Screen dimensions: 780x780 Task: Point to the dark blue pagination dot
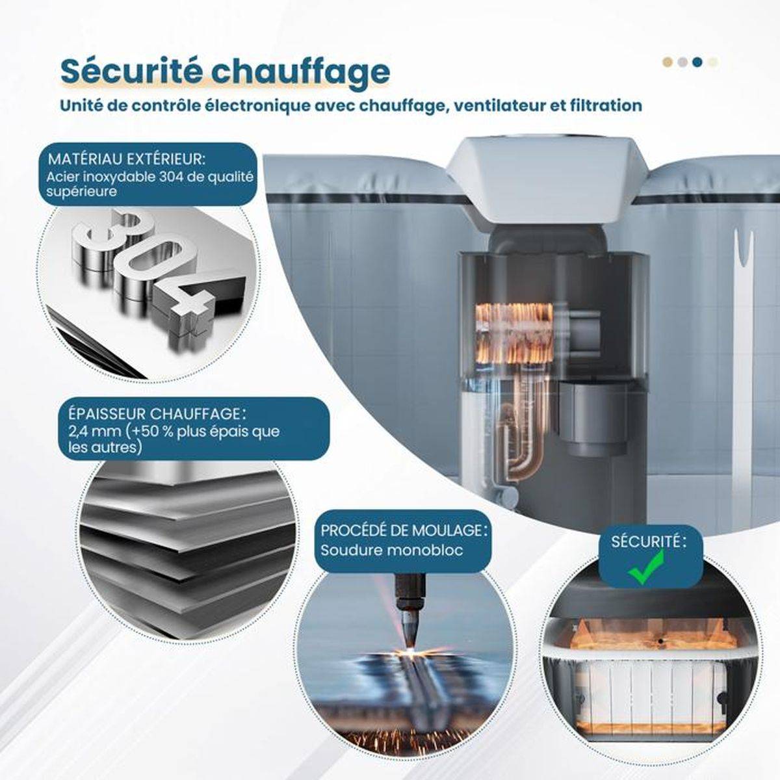696,62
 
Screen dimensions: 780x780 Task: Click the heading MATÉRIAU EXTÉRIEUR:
127,159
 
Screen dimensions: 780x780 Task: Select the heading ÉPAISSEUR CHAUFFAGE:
157,413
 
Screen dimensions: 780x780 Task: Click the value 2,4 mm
94,432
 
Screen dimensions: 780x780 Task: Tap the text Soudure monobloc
392,550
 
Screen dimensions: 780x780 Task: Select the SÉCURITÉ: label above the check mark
649,541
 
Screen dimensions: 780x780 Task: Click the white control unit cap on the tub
547,182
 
